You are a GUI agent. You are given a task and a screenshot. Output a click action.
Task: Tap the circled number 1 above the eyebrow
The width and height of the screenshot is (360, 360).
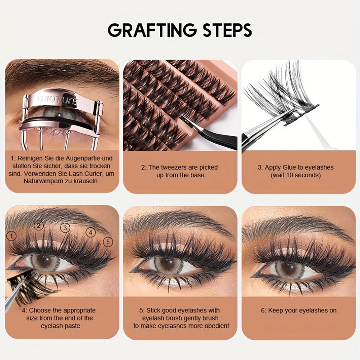pyautogui.click(x=11, y=235)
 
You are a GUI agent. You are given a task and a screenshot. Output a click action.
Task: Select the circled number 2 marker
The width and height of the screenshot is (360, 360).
pyautogui.click(x=39, y=225)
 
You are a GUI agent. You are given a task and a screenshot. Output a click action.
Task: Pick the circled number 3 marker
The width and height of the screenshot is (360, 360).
pyautogui.click(x=66, y=228)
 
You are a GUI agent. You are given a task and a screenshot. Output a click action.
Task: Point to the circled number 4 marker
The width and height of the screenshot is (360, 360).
pyautogui.click(x=91, y=232)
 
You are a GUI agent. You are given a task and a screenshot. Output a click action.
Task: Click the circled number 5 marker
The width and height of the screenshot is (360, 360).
pyautogui.click(x=108, y=242)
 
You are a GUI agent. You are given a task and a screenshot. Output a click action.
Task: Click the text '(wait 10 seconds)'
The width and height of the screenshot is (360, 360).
pyautogui.click(x=296, y=175)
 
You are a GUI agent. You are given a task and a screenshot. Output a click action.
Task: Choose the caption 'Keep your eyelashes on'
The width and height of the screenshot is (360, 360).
pyautogui.click(x=298, y=310)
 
